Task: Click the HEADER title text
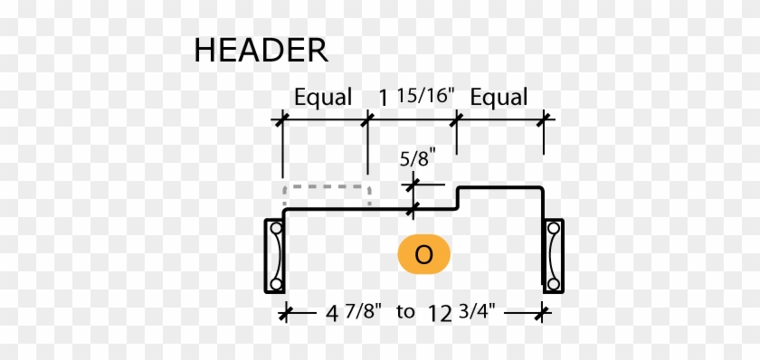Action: point(261,50)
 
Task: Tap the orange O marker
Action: point(423,255)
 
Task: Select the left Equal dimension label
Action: point(323,97)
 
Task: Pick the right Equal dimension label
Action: point(499,97)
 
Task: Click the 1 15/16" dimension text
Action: point(413,97)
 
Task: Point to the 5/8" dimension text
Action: point(418,157)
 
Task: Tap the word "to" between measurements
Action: point(405,313)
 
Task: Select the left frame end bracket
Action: point(274,256)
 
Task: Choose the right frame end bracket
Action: point(552,256)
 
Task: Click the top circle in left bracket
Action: point(276,230)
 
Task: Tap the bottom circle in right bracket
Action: point(552,283)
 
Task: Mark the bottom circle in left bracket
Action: point(276,283)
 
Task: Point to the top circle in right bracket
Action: point(552,230)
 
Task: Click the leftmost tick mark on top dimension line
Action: point(282,118)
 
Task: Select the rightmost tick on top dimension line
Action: point(544,118)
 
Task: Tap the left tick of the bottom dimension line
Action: point(285,313)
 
